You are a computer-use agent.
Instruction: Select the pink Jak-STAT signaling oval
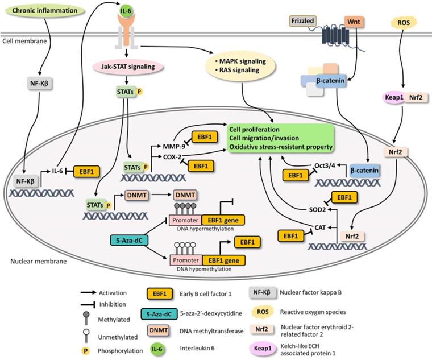pyautogui.click(x=128, y=67)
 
